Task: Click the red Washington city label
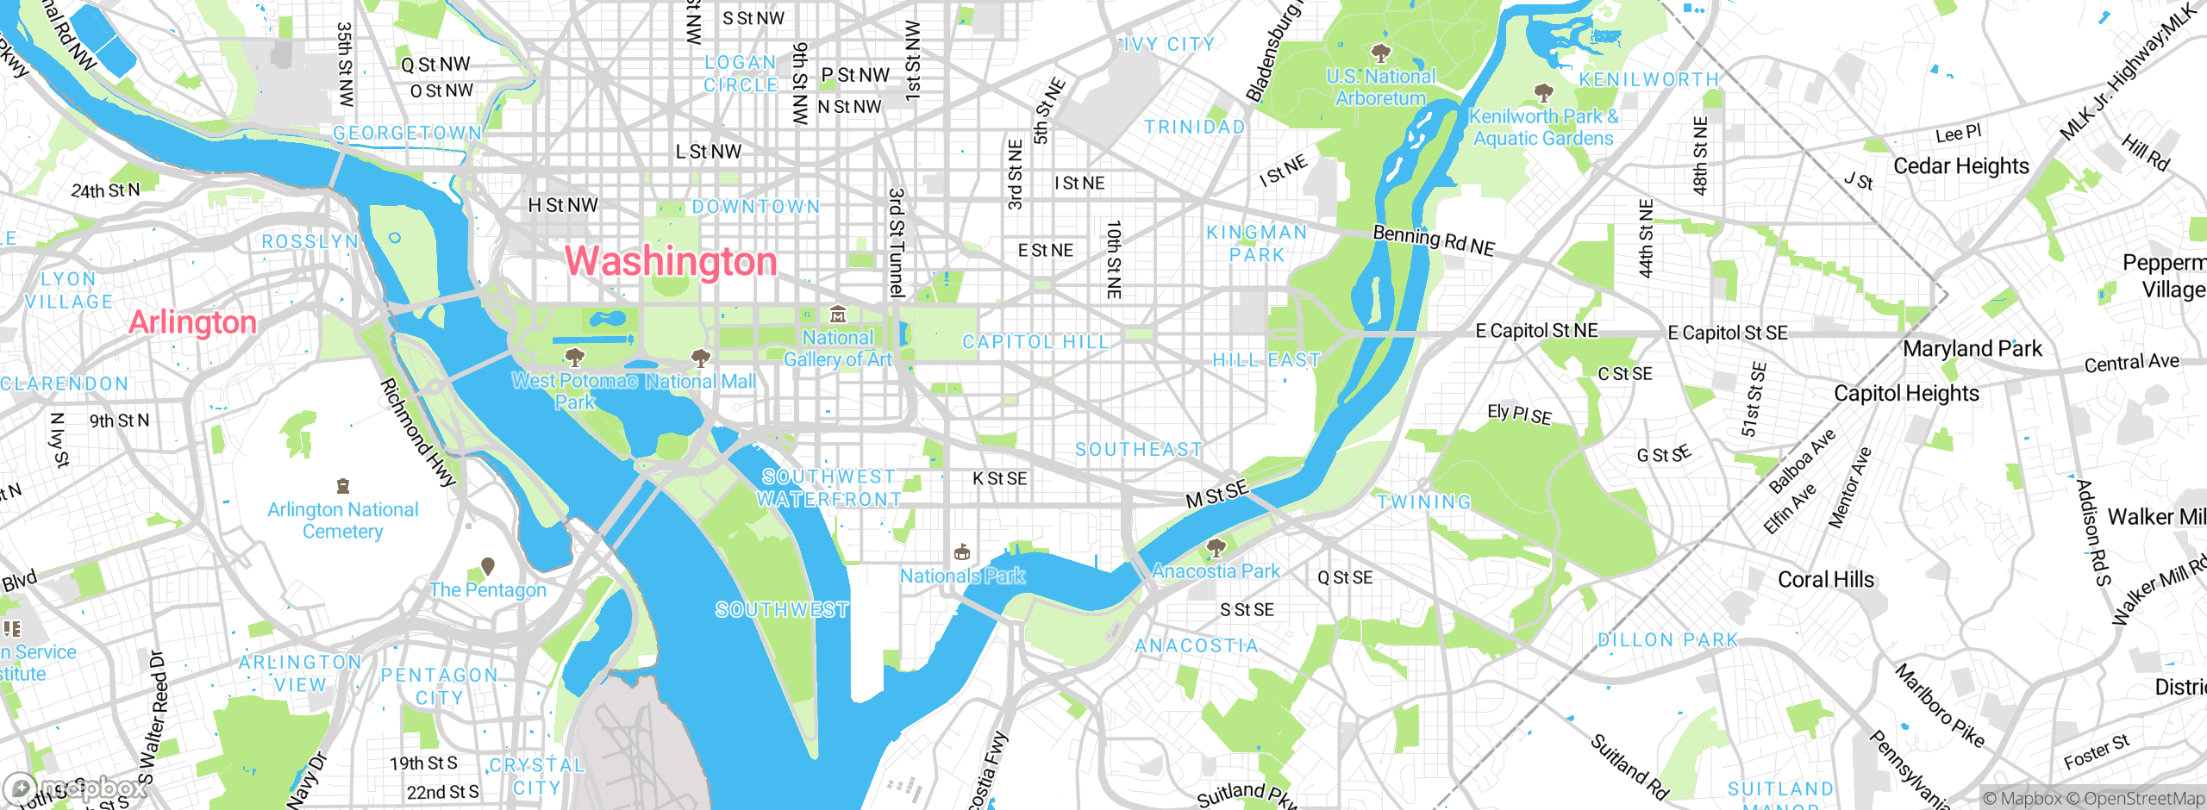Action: click(671, 261)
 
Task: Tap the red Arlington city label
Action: click(192, 322)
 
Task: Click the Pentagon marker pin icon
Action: click(488, 566)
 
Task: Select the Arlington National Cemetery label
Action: click(342, 520)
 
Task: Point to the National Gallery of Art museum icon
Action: click(837, 315)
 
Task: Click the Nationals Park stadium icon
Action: click(962, 552)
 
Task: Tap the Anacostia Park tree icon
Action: click(1216, 547)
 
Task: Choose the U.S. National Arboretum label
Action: click(1380, 87)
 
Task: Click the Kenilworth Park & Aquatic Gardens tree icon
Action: click(1543, 92)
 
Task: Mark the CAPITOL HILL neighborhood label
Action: click(1035, 342)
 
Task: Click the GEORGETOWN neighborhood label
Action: click(407, 134)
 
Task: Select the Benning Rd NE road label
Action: click(1434, 240)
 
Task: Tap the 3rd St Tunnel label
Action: click(897, 243)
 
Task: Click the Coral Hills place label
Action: click(1826, 580)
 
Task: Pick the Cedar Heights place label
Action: click(1961, 165)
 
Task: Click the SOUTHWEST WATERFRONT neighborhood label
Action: click(828, 488)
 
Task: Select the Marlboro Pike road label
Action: click(1940, 706)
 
